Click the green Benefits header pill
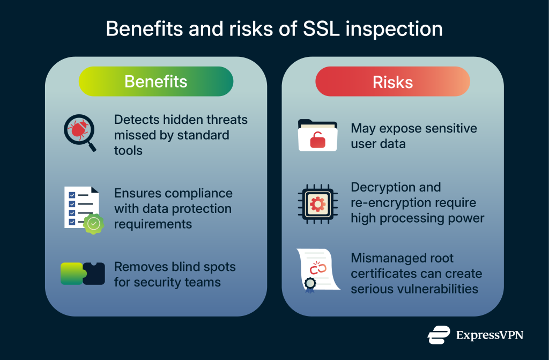point(155,82)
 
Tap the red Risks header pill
point(392,82)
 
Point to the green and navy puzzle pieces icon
point(81,274)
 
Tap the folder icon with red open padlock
point(317,136)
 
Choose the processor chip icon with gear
point(317,203)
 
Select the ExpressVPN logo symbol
point(438,335)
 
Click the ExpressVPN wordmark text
point(489,335)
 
